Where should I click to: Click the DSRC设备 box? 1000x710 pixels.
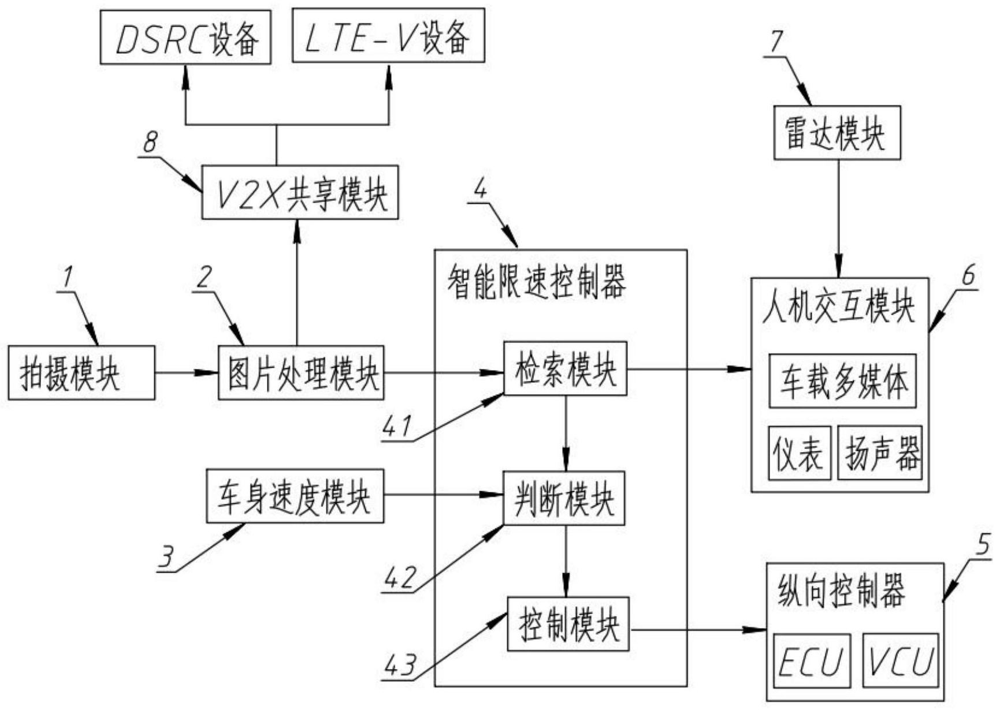pos(185,38)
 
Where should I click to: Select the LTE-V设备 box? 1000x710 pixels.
pos(388,36)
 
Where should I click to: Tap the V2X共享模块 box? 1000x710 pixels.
pos(300,193)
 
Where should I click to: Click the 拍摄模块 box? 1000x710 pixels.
pos(81,373)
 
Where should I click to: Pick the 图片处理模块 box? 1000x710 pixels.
pos(301,373)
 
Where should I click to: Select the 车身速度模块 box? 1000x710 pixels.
pos(295,496)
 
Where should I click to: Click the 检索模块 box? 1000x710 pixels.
pos(565,369)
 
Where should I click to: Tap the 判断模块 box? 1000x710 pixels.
pos(564,498)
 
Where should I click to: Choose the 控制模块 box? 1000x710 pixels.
pos(568,624)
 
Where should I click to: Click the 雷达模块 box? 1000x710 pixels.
pos(837,133)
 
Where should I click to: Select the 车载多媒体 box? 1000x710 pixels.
pos(842,382)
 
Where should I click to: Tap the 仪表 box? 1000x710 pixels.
pos(800,453)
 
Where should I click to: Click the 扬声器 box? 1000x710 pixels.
pos(880,453)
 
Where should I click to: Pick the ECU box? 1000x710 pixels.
pos(812,661)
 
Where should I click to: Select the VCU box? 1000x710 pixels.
pos(900,661)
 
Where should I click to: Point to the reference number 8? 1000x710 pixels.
pos(150,142)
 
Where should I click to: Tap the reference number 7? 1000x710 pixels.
pos(778,42)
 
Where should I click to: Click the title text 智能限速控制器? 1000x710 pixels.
pos(536,283)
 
